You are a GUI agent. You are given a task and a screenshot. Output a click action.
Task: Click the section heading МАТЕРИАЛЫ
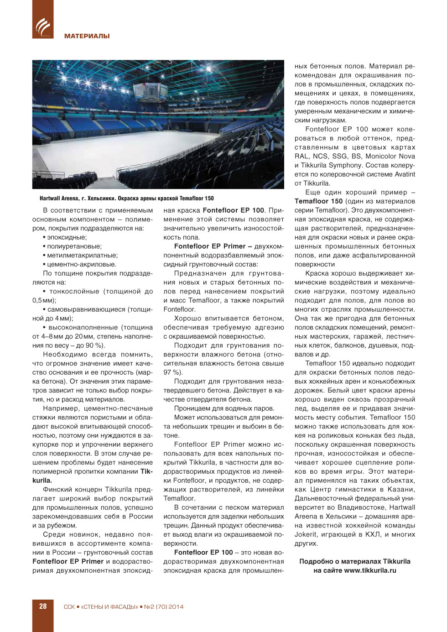pyautogui.click(x=87, y=36)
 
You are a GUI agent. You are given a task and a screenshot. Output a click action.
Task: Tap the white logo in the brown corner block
pyautogui.click(x=43, y=27)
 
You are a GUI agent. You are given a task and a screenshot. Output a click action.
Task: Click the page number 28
pyautogui.click(x=43, y=606)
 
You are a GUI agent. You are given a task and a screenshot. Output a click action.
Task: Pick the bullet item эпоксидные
pyautogui.click(x=67, y=237)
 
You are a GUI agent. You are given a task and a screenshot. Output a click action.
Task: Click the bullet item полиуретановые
pyautogui.click(x=74, y=246)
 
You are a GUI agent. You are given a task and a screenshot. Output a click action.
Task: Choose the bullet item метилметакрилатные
pyautogui.click(x=82, y=256)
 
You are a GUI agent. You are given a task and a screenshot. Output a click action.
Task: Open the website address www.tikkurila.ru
pyautogui.click(x=370, y=570)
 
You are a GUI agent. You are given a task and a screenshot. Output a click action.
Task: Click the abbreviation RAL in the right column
pyautogui.click(x=302, y=156)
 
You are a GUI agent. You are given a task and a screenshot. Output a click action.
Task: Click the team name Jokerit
pyautogui.click(x=306, y=534)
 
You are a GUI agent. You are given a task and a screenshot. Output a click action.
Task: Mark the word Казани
pyautogui.click(x=401, y=489)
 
